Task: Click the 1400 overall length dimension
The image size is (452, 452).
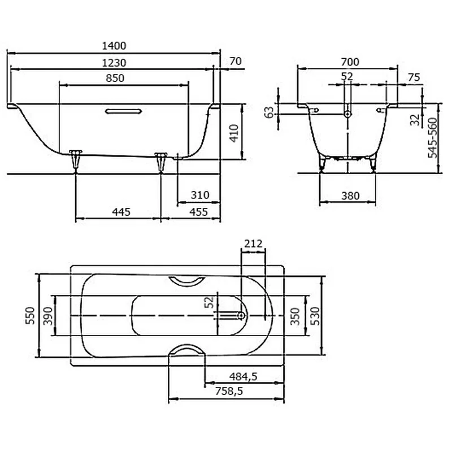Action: (114, 46)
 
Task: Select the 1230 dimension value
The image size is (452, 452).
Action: (114, 63)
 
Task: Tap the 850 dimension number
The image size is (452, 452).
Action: (115, 78)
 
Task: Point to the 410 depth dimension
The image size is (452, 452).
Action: (234, 133)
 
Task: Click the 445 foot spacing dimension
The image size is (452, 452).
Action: (121, 212)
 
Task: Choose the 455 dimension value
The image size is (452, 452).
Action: (199, 212)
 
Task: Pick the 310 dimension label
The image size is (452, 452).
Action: (200, 195)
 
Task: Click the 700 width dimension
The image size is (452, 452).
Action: (350, 62)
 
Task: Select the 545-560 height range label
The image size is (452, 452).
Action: (432, 138)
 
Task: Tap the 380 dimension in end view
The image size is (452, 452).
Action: (350, 196)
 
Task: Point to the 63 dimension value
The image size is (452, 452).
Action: (269, 112)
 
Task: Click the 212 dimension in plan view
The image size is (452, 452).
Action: (253, 244)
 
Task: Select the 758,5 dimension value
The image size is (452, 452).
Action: (229, 391)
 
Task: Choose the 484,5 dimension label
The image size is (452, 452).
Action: (244, 376)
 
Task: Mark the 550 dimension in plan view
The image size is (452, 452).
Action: (31, 316)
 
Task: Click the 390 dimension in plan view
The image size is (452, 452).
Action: (48, 316)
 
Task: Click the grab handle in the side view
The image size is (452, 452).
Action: (123, 111)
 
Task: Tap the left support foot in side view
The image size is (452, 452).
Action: (76, 160)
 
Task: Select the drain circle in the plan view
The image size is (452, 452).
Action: (241, 316)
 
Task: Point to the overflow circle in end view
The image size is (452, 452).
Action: (348, 114)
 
